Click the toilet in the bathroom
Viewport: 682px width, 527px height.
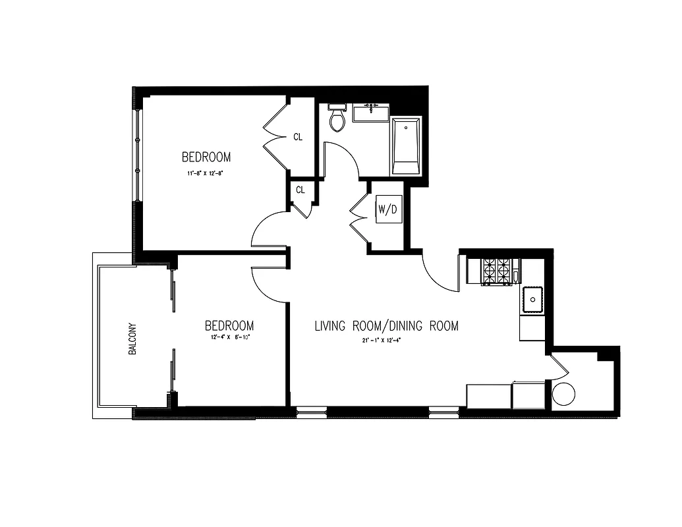click(x=337, y=118)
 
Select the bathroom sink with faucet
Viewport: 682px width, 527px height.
click(x=371, y=113)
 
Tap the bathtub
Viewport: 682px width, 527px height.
click(x=406, y=146)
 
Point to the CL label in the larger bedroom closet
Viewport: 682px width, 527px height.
click(x=298, y=137)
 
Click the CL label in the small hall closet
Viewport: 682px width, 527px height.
click(x=300, y=190)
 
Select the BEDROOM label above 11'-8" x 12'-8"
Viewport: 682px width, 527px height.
click(x=206, y=157)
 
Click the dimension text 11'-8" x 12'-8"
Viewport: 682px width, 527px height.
click(x=206, y=175)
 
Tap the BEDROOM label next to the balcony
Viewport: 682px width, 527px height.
click(x=229, y=326)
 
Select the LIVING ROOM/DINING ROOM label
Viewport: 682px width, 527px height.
click(x=386, y=326)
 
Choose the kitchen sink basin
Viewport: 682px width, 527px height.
click(x=532, y=299)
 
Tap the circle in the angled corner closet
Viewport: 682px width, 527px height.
click(x=563, y=395)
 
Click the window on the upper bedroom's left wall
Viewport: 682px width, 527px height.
click(x=138, y=155)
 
